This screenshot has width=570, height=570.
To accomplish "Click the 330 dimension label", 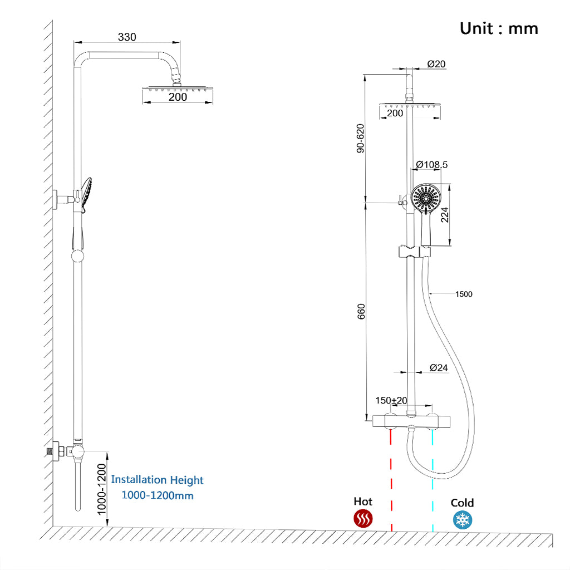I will [127, 37].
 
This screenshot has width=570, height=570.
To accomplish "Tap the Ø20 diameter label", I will [436, 64].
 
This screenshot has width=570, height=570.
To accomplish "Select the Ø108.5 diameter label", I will [432, 165].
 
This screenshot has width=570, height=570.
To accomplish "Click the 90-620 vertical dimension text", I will [360, 138].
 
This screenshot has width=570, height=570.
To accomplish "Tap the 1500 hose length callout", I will [464, 294].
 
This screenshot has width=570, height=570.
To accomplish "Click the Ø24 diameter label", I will [439, 367].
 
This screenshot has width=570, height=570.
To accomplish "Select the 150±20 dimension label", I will [391, 401].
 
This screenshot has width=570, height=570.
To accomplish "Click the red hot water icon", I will [363, 519].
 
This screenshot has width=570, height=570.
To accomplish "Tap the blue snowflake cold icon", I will [462, 520].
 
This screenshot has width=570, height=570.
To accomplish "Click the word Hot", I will [363, 502].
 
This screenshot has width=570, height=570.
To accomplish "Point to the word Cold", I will [462, 503].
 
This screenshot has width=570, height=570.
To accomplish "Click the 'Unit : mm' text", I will [499, 28].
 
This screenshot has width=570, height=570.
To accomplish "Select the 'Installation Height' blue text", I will [158, 480].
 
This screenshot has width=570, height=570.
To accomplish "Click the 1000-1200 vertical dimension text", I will [100, 488].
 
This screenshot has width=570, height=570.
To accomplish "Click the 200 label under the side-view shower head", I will [178, 97].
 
